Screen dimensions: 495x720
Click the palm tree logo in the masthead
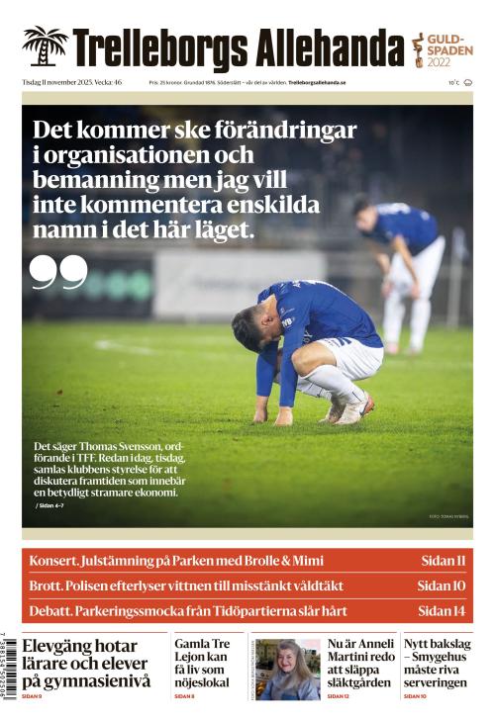[x=45, y=46]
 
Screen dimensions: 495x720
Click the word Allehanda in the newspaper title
[x=330, y=47]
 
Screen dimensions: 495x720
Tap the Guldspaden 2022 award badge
[x=443, y=48]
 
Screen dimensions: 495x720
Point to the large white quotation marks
[x=58, y=273]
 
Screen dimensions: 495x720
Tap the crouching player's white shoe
[x=353, y=405]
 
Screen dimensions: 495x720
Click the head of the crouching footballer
[x=249, y=326]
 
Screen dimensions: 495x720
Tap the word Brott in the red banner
[x=47, y=585]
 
